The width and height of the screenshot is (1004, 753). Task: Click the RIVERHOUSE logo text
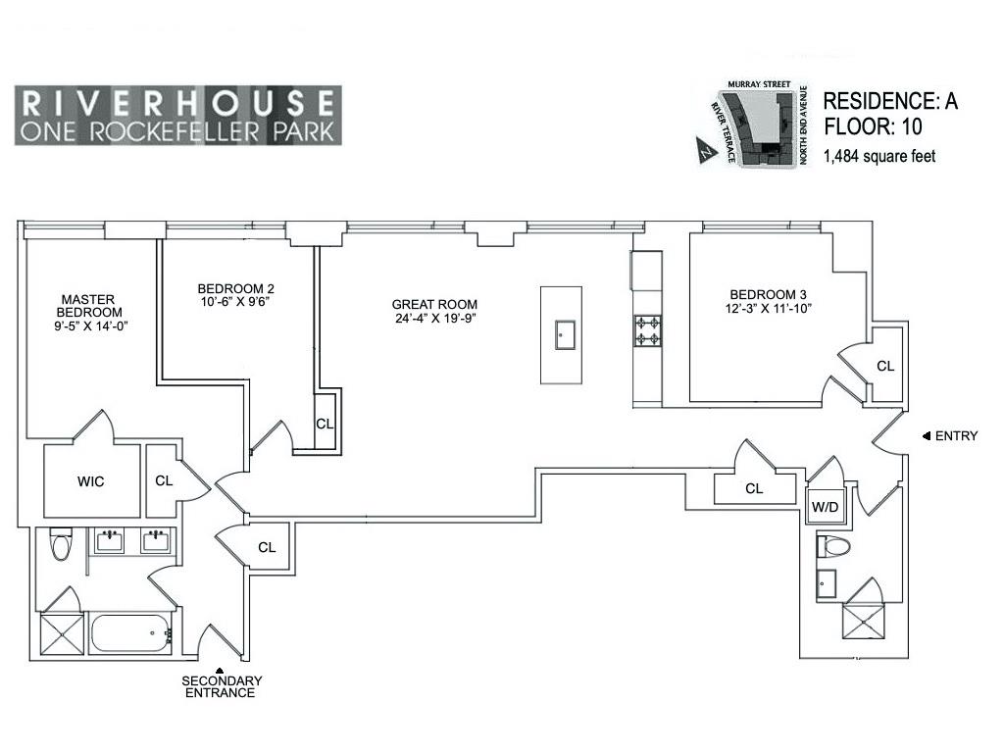(x=177, y=102)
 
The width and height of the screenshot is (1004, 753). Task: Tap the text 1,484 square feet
(x=879, y=155)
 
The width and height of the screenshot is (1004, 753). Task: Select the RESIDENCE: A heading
(x=889, y=100)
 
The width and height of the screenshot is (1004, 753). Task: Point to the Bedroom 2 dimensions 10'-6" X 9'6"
(x=235, y=302)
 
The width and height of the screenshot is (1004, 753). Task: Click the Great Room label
(x=435, y=304)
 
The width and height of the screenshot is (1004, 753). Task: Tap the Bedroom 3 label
(x=770, y=295)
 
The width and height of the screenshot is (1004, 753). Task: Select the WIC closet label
(x=91, y=481)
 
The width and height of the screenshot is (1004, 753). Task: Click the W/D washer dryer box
(x=822, y=508)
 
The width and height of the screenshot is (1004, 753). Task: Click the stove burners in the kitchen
(x=647, y=330)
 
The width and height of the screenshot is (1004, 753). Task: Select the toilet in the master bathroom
(x=61, y=544)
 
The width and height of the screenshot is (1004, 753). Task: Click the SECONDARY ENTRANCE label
(x=221, y=686)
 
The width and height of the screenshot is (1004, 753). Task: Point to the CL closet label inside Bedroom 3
(x=885, y=366)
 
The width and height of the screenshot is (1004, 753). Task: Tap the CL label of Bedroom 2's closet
(x=325, y=424)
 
